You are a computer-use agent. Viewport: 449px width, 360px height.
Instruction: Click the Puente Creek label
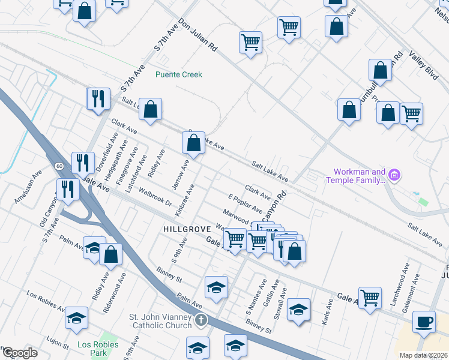click(178, 74)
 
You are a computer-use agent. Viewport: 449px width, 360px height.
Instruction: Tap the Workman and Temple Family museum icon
click(394, 175)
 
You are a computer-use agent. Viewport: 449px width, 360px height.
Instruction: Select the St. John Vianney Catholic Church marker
click(200, 321)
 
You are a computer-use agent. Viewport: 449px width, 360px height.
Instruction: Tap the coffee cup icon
click(424, 322)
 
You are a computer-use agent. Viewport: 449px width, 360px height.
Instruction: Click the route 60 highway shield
click(58, 166)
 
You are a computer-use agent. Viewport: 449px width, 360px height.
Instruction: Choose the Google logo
click(19, 353)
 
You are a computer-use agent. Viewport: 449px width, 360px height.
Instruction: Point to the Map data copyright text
click(424, 355)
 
